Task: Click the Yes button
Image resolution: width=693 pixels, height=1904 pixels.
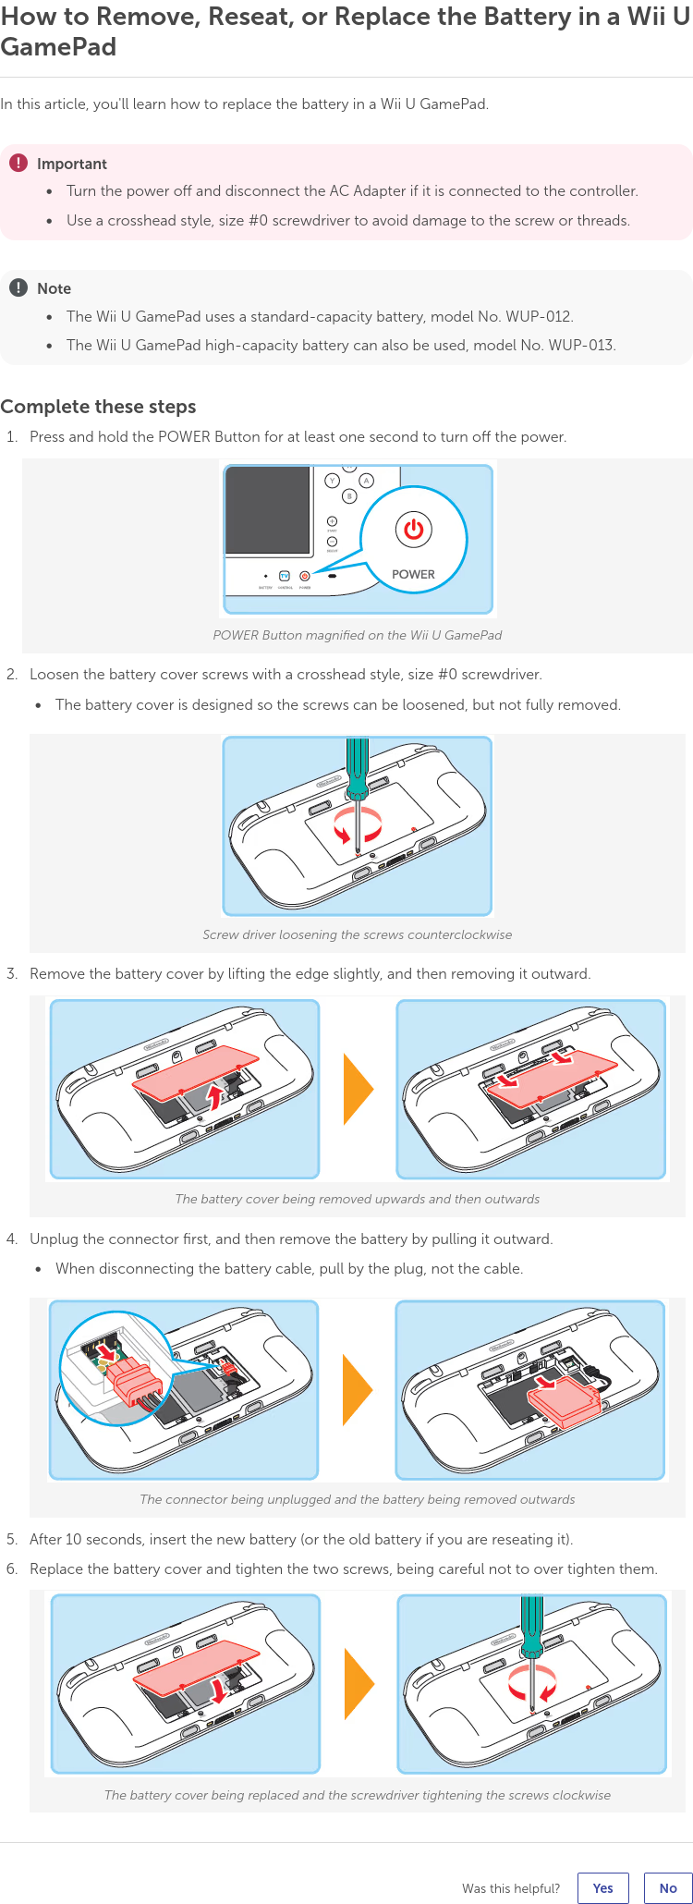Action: click(602, 1888)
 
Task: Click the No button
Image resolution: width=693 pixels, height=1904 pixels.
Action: click(668, 1888)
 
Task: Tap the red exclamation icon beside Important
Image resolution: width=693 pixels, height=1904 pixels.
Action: click(18, 163)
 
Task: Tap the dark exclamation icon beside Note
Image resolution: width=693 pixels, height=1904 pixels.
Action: click(18, 287)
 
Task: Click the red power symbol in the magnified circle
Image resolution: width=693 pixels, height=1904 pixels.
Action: click(413, 530)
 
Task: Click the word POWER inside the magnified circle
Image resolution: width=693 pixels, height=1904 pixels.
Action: click(413, 574)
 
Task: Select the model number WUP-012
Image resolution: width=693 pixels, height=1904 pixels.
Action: click(538, 316)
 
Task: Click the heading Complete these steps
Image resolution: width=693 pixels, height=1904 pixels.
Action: click(98, 407)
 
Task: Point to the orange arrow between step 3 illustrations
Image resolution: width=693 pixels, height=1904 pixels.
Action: click(358, 1089)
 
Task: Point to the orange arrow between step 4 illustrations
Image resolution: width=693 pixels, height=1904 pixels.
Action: click(357, 1390)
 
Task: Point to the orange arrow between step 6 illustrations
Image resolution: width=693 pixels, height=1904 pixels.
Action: click(359, 1684)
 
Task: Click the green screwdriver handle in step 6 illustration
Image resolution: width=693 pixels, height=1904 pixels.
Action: click(531, 1627)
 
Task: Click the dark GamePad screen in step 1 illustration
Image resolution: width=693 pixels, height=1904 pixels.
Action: click(268, 510)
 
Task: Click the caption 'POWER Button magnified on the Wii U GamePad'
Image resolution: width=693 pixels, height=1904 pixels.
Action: click(358, 635)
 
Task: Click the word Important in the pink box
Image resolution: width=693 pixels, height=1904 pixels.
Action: click(72, 164)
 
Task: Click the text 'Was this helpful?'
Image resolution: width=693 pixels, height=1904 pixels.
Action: click(511, 1888)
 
